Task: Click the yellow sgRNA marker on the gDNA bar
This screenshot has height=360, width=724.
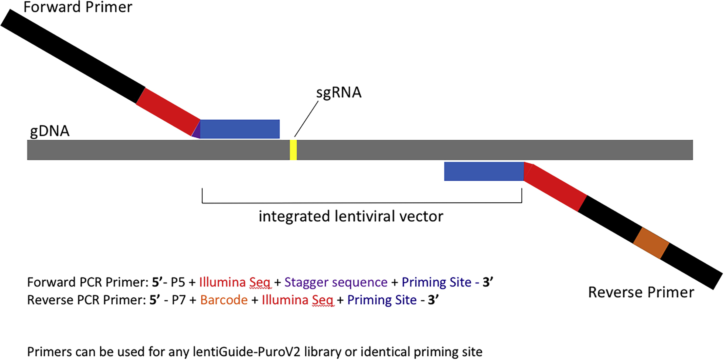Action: (x=293, y=150)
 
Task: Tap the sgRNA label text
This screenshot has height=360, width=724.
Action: (x=338, y=92)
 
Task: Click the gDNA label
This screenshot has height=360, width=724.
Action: (x=50, y=131)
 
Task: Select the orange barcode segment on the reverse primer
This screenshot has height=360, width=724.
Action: (x=651, y=243)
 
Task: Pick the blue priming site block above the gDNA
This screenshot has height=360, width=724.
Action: (x=240, y=129)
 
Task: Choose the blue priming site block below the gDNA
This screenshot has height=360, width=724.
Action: (x=484, y=171)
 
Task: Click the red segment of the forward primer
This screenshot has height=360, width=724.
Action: (x=168, y=111)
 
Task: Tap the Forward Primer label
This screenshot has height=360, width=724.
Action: (x=78, y=7)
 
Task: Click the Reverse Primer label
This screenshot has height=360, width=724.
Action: (x=641, y=292)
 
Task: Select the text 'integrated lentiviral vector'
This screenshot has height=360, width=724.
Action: (x=351, y=216)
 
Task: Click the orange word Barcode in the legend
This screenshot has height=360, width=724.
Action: (x=224, y=300)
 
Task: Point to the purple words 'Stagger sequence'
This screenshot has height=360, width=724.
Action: (x=336, y=282)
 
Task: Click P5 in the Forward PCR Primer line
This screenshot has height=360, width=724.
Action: (x=178, y=282)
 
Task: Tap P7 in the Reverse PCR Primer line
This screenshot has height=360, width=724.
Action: (x=179, y=300)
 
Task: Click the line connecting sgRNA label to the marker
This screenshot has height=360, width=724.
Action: (x=306, y=119)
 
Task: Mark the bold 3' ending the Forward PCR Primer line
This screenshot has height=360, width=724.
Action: (x=488, y=282)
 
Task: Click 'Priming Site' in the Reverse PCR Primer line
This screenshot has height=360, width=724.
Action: (x=382, y=300)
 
